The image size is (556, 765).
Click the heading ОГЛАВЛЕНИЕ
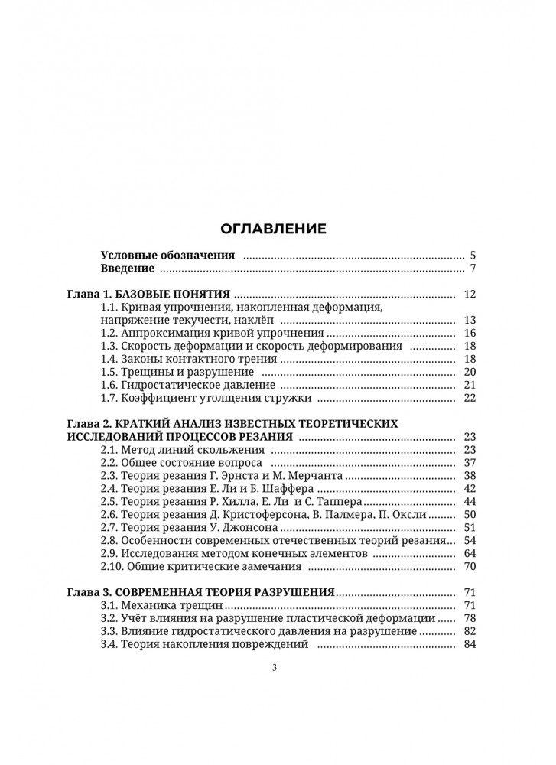273,228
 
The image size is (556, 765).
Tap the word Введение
128,269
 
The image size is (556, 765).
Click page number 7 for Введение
473,269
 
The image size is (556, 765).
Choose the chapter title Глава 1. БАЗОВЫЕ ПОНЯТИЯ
150,295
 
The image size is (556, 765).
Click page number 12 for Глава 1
470,295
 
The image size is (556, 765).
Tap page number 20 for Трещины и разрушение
470,372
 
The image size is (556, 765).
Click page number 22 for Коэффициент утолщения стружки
470,398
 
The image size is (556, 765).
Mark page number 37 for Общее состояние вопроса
470,463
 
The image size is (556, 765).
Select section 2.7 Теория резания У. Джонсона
195,528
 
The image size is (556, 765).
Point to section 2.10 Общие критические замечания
201,567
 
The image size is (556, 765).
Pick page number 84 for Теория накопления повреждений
470,645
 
